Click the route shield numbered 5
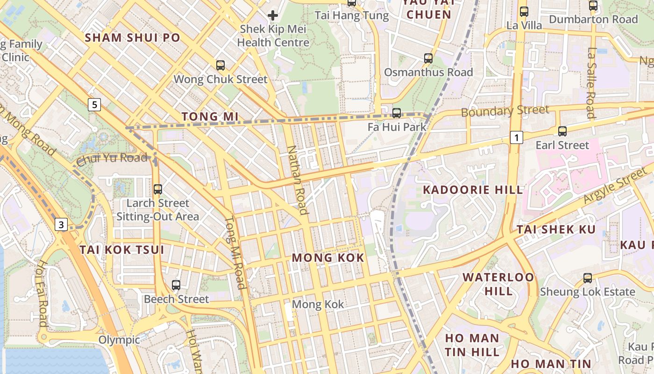94,105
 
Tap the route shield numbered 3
61,225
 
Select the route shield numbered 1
516,137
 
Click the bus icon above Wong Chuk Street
220,65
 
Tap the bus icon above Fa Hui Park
397,113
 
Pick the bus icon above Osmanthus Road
428,58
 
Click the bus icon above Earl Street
562,131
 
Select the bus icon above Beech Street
176,285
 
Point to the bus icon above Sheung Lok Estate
588,278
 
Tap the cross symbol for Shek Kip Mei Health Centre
273,15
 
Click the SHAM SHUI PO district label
133,38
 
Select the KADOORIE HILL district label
473,190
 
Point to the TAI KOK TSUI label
122,250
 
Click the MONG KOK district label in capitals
328,258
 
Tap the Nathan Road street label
298,180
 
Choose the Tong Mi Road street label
235,252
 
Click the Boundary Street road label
505,111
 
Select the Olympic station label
119,340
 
